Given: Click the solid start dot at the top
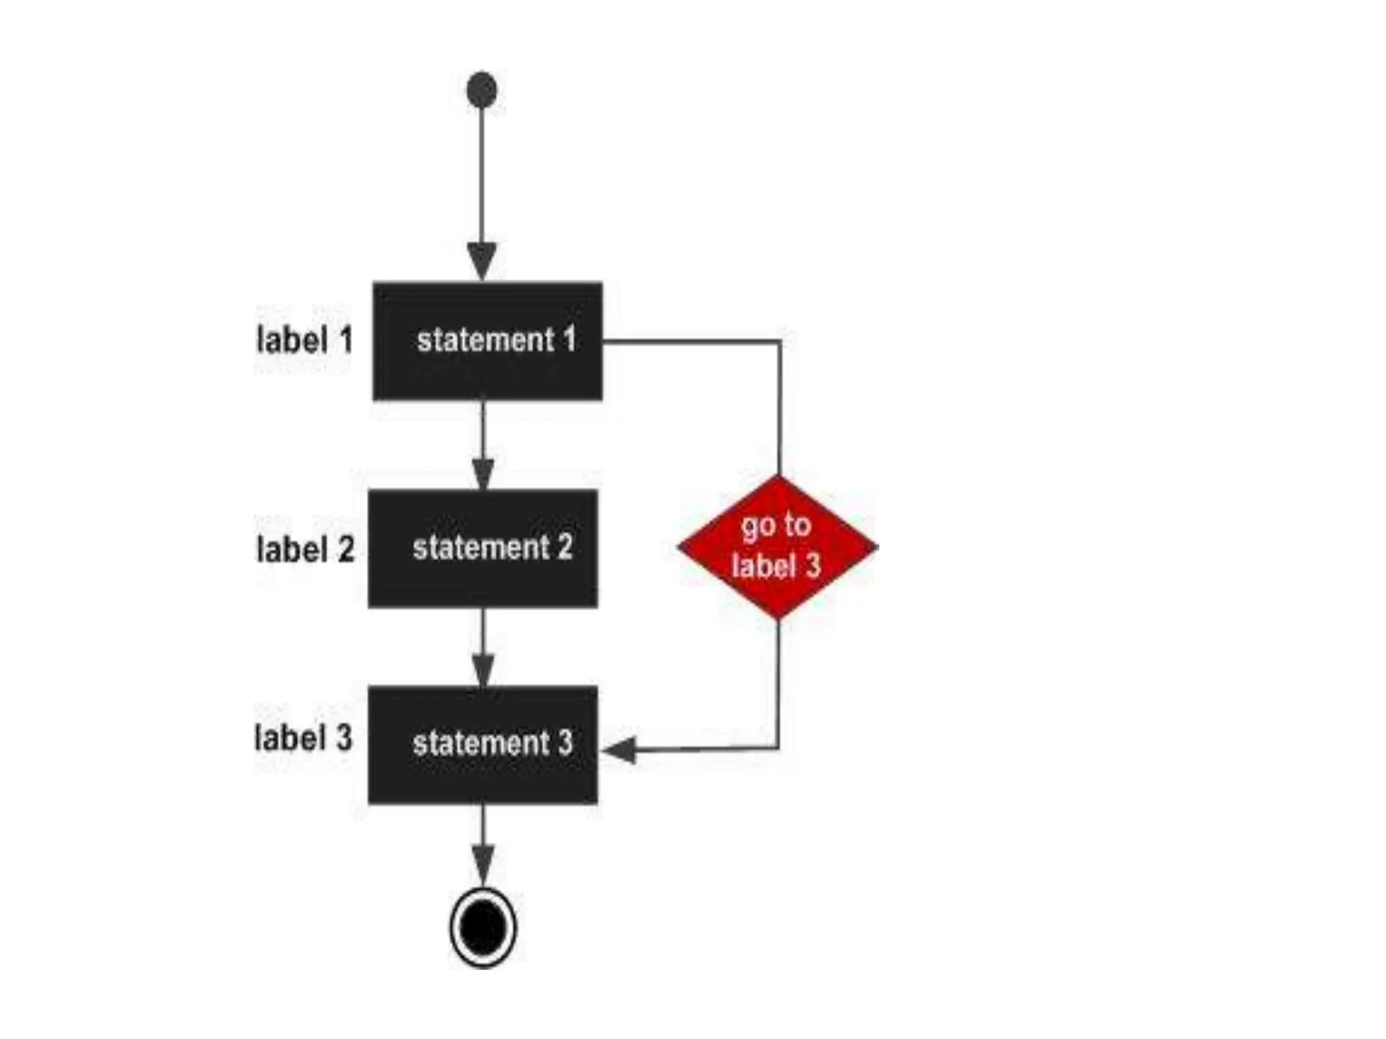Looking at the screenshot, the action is click(482, 89).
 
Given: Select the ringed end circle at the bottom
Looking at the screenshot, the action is click(483, 927).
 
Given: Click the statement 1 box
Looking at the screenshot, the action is click(487, 341).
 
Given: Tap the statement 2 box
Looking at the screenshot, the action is click(483, 548).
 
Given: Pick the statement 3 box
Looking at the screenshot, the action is click(483, 745).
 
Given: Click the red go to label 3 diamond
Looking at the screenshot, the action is click(778, 547).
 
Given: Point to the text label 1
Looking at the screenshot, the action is click(305, 340).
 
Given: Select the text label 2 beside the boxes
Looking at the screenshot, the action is click(306, 549).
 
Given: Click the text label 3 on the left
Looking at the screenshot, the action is click(304, 737).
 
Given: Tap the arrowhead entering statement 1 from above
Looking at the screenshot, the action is click(482, 261).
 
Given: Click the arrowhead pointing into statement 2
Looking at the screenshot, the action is click(483, 474).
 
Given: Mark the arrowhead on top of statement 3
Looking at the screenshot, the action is click(483, 670).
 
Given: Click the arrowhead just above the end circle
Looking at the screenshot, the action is click(483, 863).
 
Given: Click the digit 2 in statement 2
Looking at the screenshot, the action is click(565, 547).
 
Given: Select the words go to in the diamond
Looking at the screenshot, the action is click(776, 525).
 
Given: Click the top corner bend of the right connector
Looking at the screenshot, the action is click(780, 342).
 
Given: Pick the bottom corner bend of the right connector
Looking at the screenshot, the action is click(778, 748).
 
